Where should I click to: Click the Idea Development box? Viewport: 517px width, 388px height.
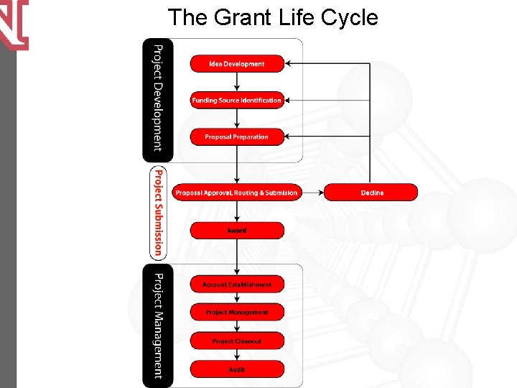pos(237,64)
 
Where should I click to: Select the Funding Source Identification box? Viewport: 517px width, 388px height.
pos(237,101)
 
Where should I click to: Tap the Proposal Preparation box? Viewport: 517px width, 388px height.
pos(237,137)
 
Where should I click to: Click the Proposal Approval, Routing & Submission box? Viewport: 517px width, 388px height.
pos(236,193)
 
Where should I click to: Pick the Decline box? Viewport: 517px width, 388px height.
pos(371,193)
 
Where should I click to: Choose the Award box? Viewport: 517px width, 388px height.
pos(237,231)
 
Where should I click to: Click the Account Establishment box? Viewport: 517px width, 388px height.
pos(237,285)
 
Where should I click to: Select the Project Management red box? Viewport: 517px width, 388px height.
pos(237,313)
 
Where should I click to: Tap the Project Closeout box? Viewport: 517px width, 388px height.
pos(237,341)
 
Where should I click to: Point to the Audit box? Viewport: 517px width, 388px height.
pos(237,369)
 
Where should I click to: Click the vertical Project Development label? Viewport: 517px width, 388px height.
pos(158,98)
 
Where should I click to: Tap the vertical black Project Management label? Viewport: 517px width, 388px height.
pos(158,325)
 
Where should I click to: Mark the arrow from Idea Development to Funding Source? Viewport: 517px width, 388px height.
pos(237,82)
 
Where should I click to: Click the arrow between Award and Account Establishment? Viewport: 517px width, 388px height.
pos(237,257)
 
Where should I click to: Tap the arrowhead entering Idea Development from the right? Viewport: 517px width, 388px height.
pos(289,64)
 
